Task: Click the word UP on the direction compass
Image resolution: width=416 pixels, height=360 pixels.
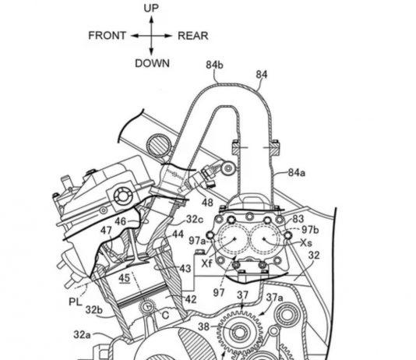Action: tap(151, 9)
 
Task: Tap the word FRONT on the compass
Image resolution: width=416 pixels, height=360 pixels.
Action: tap(107, 36)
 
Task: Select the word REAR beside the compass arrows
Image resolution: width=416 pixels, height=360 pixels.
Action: tap(193, 36)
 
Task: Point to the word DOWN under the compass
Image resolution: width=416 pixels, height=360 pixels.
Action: tap(152, 63)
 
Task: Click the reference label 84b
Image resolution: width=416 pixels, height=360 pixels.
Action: tap(215, 65)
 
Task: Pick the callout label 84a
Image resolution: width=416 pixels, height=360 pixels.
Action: tap(297, 173)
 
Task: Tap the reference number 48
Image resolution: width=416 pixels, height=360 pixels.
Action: tap(207, 203)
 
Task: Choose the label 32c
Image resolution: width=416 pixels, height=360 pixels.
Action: tap(195, 219)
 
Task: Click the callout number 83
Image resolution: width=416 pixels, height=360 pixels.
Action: tap(298, 219)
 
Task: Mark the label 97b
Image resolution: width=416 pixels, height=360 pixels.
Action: tap(310, 230)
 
